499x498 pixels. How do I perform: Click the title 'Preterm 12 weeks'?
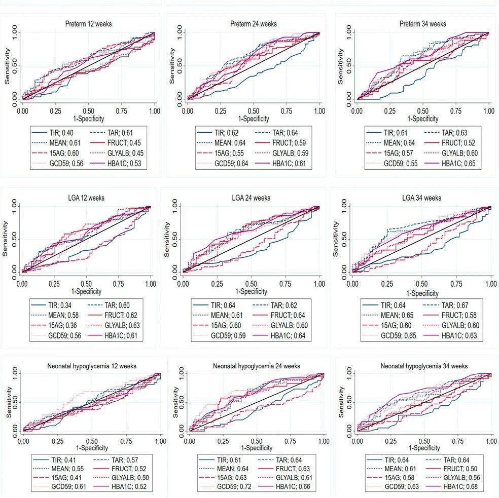pos(88,24)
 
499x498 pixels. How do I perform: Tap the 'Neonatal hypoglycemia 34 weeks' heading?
pos(423,366)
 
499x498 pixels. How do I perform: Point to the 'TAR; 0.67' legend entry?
pos(454,305)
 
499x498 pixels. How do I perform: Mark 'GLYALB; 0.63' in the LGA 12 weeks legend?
pos(121,325)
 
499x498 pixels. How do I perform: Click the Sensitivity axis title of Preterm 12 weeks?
pos(8,66)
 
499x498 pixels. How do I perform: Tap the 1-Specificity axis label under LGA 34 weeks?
pos(421,293)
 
